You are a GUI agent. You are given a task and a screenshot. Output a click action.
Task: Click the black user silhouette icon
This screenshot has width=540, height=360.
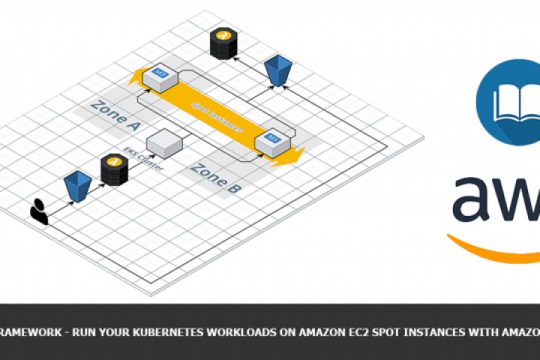39,211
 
